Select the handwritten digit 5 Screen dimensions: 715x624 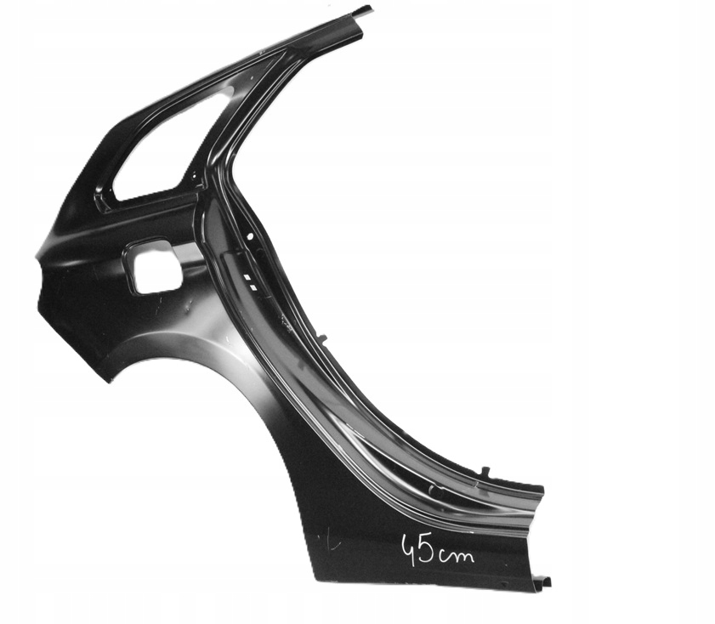tap(427, 552)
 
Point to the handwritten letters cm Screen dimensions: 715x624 tap(456, 555)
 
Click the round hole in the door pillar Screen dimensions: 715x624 tap(250, 235)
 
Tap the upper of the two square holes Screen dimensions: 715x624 tap(247, 277)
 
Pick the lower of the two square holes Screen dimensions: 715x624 tap(253, 286)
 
